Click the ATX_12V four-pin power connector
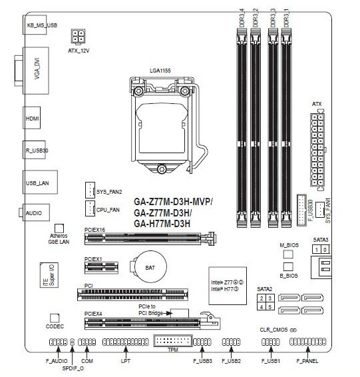78,37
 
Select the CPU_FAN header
90,208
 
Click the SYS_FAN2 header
90,190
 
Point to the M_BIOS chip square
288,254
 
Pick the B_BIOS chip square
288,266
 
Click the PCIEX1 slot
101,268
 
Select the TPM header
173,340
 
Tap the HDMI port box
32,118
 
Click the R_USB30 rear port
34,150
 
